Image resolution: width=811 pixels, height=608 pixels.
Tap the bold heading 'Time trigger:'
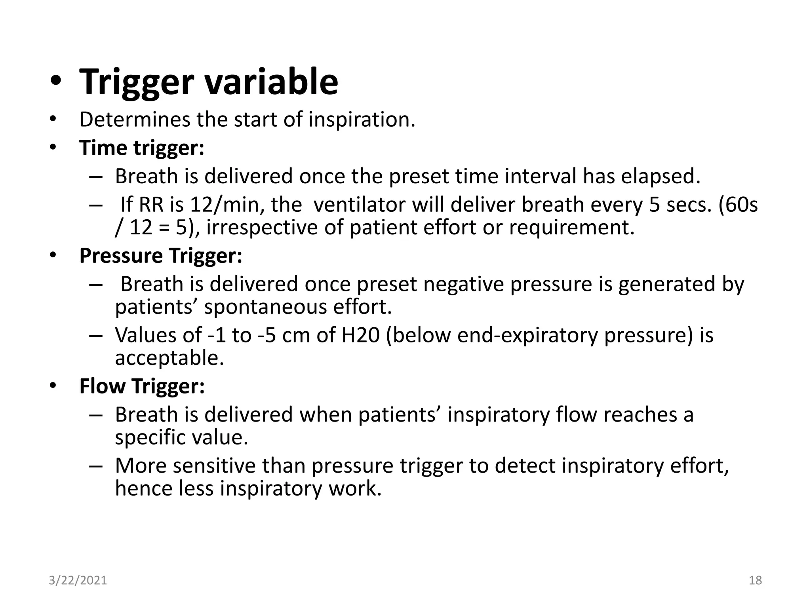[142, 148]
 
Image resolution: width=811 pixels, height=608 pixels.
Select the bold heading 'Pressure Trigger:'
[160, 256]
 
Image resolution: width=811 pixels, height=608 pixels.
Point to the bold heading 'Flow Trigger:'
[142, 386]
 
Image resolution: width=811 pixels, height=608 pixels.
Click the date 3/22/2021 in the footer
[78, 580]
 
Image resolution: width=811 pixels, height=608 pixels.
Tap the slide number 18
[755, 580]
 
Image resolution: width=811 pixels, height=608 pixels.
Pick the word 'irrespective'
[262, 228]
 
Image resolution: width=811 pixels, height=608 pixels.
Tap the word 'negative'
[463, 284]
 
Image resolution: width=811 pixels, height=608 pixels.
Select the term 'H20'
[360, 335]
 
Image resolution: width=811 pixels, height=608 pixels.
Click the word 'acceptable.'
[169, 358]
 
